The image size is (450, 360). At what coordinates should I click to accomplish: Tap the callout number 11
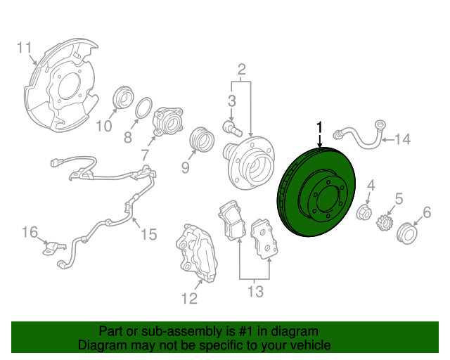(24, 48)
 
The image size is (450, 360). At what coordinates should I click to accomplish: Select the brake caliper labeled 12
(197, 252)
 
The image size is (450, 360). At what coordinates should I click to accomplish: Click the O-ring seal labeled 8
(143, 108)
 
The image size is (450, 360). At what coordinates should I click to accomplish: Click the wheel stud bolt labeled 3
(233, 129)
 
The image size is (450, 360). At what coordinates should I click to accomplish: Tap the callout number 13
(255, 292)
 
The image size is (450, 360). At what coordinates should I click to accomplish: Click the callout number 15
(149, 234)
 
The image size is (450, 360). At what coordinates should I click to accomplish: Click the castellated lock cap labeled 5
(384, 222)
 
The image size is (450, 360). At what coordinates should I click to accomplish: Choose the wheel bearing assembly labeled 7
(167, 122)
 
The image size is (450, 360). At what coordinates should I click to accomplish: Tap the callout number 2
(242, 70)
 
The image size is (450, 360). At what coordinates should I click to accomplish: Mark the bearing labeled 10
(124, 98)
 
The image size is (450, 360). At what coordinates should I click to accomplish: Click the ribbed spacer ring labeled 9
(202, 139)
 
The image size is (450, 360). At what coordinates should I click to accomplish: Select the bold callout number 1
(319, 127)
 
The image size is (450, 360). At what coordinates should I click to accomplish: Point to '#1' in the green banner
(246, 332)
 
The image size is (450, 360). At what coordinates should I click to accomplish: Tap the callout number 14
(403, 139)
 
